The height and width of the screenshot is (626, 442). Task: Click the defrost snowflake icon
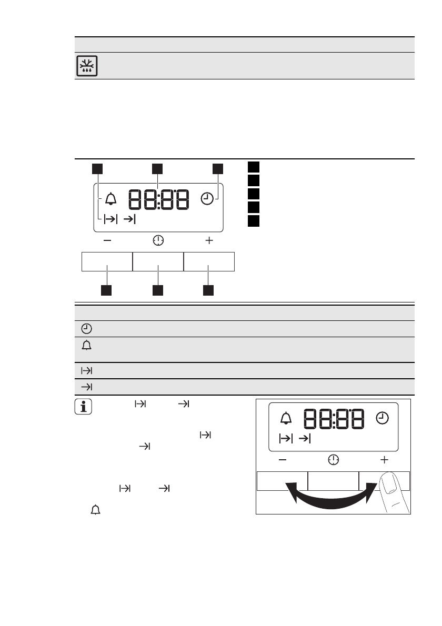click(x=87, y=66)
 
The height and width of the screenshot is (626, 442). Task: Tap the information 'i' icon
click(x=83, y=407)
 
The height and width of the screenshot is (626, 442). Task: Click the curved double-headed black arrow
click(x=331, y=499)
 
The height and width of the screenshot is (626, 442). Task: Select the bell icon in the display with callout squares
click(x=110, y=198)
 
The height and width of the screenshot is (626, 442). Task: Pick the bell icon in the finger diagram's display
click(x=286, y=418)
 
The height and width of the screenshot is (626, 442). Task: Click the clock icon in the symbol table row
click(x=86, y=329)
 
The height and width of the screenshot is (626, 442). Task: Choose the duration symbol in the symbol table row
click(x=87, y=370)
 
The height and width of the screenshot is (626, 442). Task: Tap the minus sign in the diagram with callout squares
click(x=107, y=240)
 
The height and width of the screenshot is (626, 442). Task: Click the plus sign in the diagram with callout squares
click(x=209, y=240)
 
